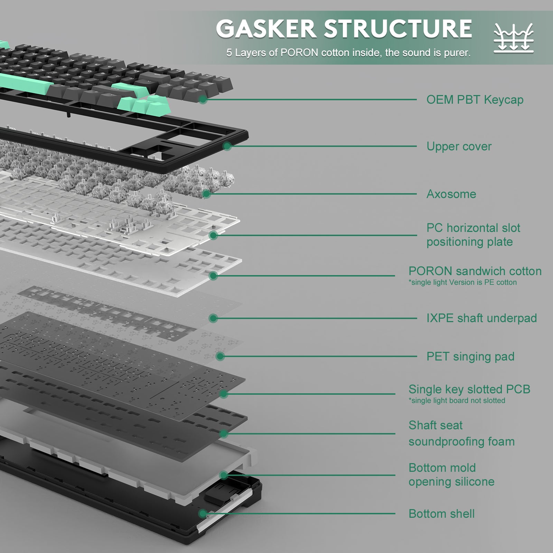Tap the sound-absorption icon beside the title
tap(514, 38)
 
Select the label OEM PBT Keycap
tap(475, 100)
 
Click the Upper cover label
tap(459, 146)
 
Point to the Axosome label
tap(451, 194)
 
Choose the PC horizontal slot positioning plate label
tap(473, 235)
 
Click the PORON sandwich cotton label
tap(475, 271)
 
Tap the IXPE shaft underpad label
tap(481, 318)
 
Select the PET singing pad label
tap(470, 356)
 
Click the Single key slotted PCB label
tap(469, 389)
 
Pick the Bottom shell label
tap(441, 514)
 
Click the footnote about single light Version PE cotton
tap(462, 282)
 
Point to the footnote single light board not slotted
tap(457, 401)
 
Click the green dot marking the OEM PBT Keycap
tap(203, 100)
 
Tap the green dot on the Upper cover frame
tap(227, 146)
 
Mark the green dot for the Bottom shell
tap(203, 514)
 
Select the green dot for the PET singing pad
tap(220, 356)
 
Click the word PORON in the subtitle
tap(299, 53)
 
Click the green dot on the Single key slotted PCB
tap(224, 394)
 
